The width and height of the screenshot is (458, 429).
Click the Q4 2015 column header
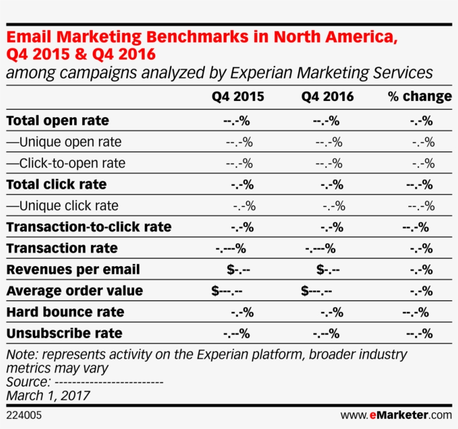(238, 97)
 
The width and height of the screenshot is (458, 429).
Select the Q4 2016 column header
(328, 97)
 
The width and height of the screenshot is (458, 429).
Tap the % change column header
(419, 97)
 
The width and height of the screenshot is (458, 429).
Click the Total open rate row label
(58, 120)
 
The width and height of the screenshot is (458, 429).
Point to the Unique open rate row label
(64, 142)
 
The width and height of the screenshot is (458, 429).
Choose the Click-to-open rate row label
(66, 163)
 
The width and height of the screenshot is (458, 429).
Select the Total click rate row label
(56, 185)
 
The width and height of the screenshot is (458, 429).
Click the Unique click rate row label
(63, 206)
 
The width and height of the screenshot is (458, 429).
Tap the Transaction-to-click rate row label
(89, 227)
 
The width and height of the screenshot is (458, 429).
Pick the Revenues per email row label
(73, 269)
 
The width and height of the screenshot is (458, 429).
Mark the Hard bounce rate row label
(65, 312)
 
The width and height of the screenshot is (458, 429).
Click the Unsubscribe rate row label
(64, 334)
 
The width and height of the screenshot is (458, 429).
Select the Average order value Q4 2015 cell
(227, 291)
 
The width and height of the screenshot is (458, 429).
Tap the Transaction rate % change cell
(421, 248)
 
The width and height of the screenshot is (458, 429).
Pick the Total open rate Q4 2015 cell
(236, 120)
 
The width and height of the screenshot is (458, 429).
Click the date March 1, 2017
(48, 396)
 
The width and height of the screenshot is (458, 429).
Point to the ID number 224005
(24, 416)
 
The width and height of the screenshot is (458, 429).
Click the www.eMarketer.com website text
(396, 416)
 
